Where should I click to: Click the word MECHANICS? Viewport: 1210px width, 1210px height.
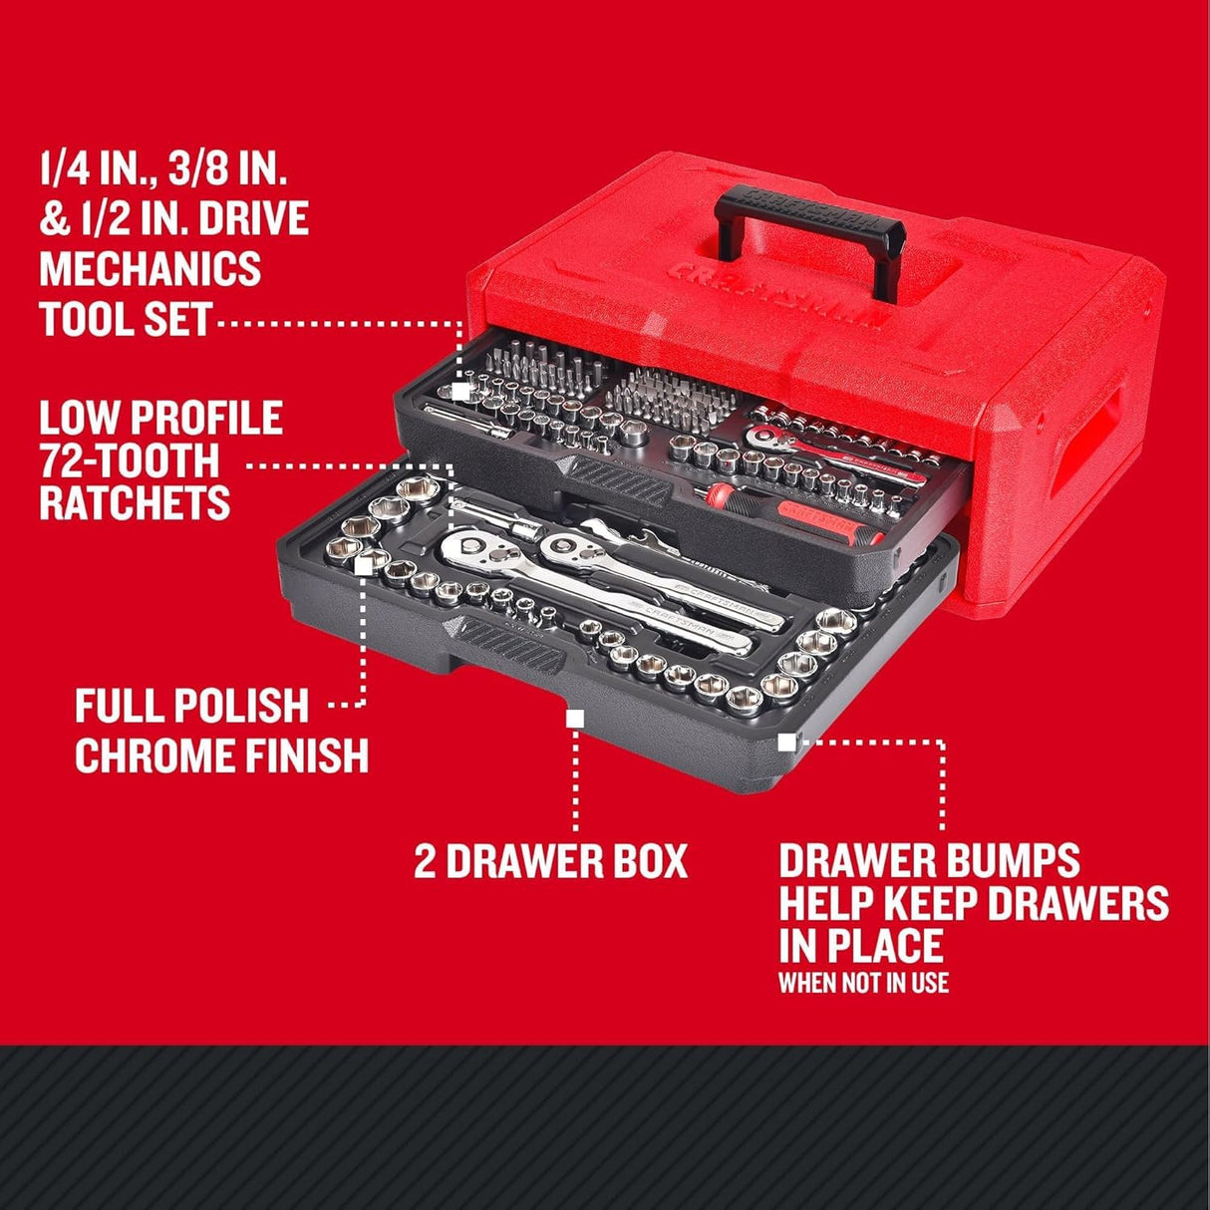coord(150,269)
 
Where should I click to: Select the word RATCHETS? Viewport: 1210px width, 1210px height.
coord(135,503)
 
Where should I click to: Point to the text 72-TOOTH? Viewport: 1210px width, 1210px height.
coord(129,460)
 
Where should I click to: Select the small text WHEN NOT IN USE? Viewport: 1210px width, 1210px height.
coord(863,983)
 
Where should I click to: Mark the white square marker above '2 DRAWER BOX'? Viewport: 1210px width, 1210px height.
coord(574,717)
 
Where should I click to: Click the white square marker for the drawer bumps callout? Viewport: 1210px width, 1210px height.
coord(786,741)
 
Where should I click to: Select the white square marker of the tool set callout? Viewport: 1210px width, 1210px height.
coord(460,391)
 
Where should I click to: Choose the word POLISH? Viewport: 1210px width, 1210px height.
coord(240,707)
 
